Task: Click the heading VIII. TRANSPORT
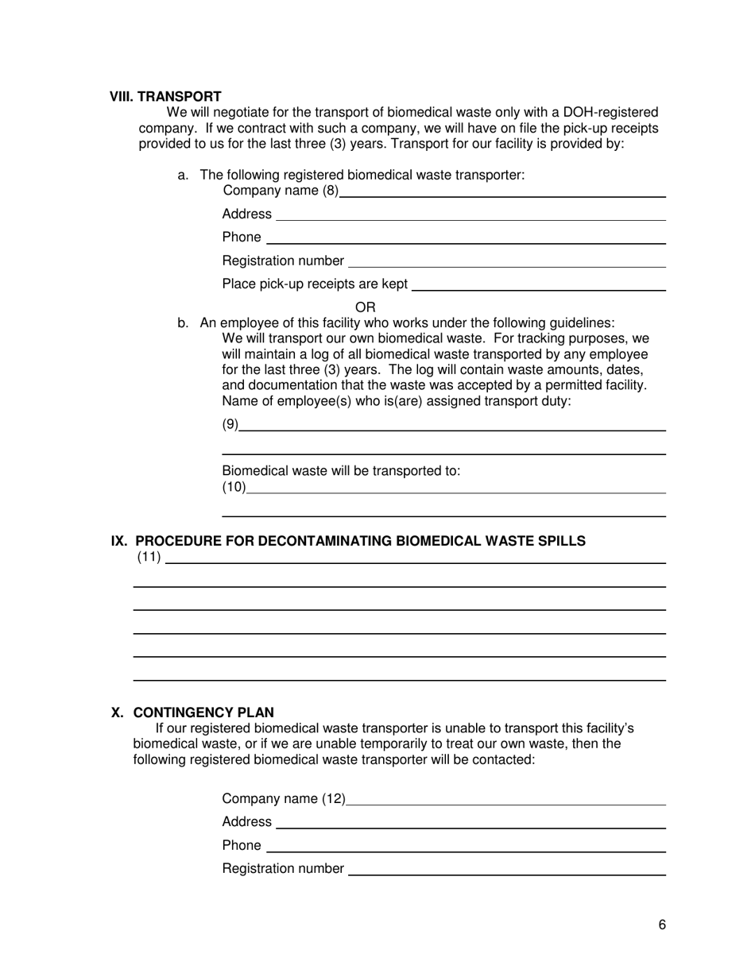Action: [x=165, y=97]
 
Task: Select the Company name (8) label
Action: [x=281, y=191]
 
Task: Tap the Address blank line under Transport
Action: [x=470, y=215]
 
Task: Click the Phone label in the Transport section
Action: [x=242, y=237]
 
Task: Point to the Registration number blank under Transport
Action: [x=506, y=262]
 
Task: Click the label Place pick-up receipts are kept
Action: [x=315, y=284]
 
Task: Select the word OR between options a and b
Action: [x=365, y=307]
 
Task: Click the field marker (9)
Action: [x=230, y=425]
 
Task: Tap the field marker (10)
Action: [x=234, y=487]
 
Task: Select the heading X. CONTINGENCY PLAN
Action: [x=192, y=712]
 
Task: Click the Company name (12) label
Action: [x=284, y=799]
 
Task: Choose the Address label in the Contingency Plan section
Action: [x=246, y=822]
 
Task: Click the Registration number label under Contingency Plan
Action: [x=283, y=869]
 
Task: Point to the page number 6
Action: [x=662, y=925]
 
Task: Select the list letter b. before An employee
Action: [x=184, y=323]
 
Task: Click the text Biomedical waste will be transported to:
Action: [x=341, y=471]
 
